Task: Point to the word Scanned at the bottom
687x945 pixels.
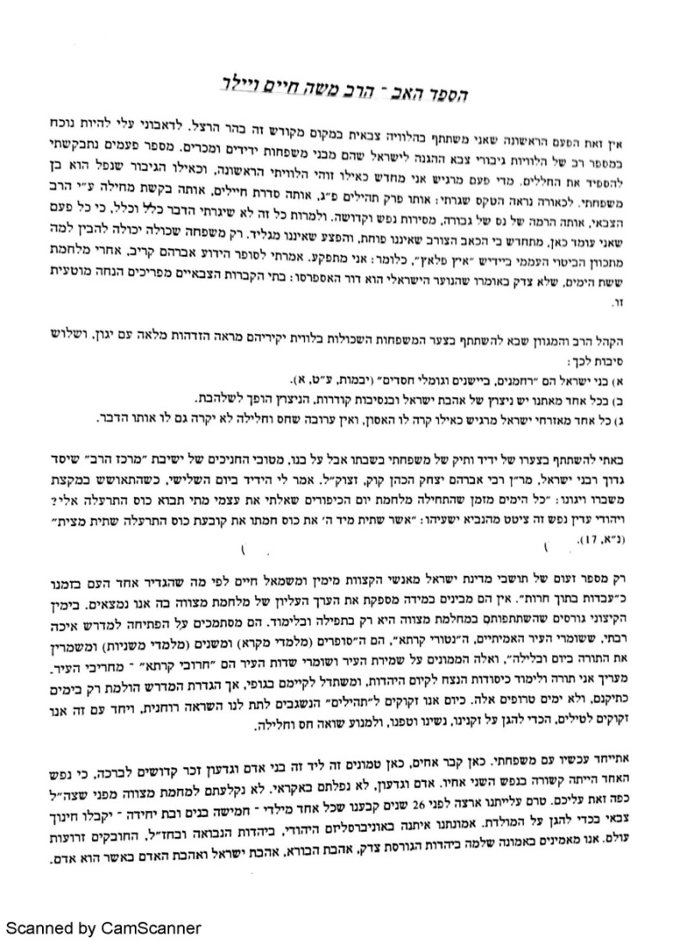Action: point(41,928)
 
